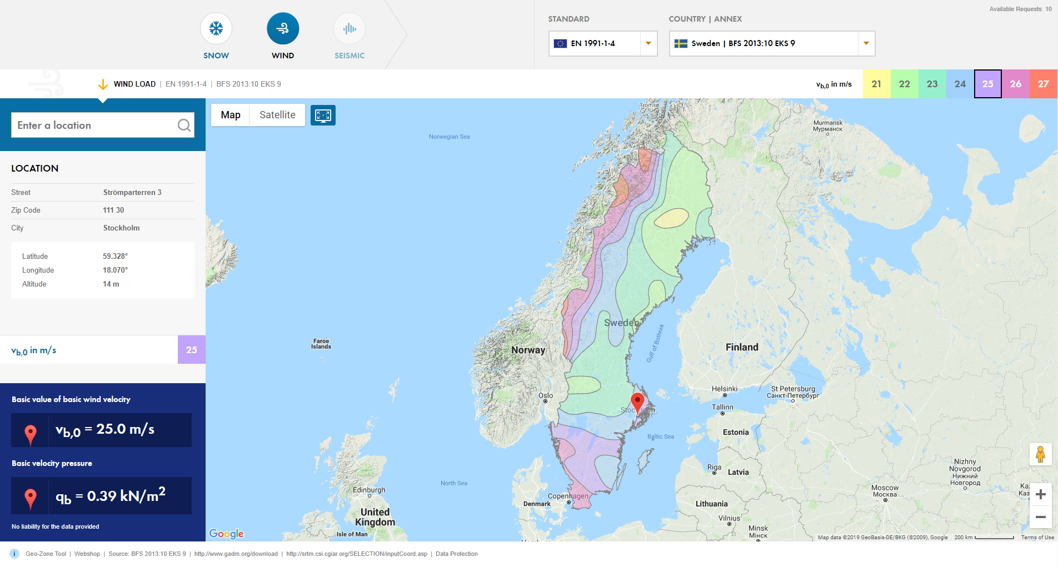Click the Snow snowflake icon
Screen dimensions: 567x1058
pyautogui.click(x=216, y=28)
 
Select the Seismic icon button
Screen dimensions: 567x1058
pyautogui.click(x=350, y=28)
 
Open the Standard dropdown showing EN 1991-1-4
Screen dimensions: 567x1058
pyautogui.click(x=603, y=43)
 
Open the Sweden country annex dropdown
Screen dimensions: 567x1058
pyautogui.click(x=772, y=43)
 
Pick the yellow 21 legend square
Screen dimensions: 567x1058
pyautogui.click(x=876, y=84)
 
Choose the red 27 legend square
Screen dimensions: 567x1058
pyautogui.click(x=1043, y=84)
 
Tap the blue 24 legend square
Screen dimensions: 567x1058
pyautogui.click(x=960, y=84)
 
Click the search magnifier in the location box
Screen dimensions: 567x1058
pyautogui.click(x=184, y=126)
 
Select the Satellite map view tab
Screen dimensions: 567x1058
pyautogui.click(x=277, y=115)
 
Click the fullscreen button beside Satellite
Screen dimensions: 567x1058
pyautogui.click(x=323, y=115)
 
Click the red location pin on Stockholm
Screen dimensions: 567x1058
pyautogui.click(x=637, y=402)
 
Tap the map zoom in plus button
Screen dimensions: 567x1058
pyautogui.click(x=1041, y=494)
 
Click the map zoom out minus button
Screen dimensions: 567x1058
pyautogui.click(x=1041, y=517)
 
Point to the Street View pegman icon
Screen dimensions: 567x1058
pyautogui.click(x=1041, y=454)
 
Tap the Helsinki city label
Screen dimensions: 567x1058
pyautogui.click(x=725, y=389)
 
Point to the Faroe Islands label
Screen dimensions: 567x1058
pyautogui.click(x=321, y=344)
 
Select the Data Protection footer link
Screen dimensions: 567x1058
pyautogui.click(x=456, y=554)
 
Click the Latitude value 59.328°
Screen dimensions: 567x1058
pyautogui.click(x=115, y=256)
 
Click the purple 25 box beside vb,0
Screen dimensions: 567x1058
pyautogui.click(x=191, y=350)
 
